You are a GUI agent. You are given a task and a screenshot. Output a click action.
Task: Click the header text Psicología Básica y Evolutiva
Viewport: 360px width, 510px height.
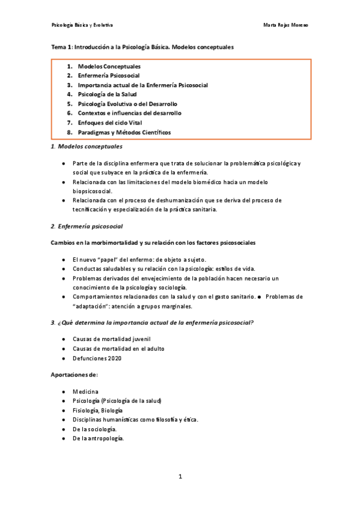click(82, 25)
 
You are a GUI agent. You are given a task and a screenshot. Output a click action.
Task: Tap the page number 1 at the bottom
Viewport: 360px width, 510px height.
click(180, 477)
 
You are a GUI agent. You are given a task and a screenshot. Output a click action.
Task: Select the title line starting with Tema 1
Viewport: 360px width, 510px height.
click(142, 46)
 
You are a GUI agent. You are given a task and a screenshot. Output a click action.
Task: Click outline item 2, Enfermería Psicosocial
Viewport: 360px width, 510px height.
click(109, 76)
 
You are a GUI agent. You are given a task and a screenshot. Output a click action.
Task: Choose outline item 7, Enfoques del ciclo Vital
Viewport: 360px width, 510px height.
click(110, 122)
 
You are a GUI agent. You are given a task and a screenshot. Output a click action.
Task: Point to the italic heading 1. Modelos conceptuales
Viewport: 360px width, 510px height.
click(87, 146)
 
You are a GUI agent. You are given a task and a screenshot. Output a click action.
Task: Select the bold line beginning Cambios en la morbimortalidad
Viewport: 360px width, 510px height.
click(153, 242)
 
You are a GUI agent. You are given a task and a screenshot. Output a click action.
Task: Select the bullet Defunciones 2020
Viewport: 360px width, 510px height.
click(97, 358)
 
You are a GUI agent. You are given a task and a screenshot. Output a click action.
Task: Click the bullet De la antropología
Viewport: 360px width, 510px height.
click(99, 438)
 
